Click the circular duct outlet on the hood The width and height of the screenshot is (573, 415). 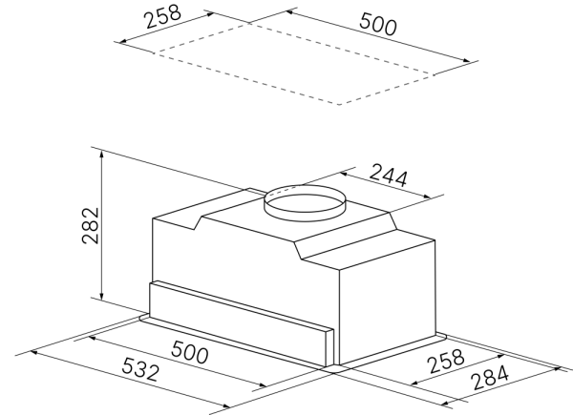click(304, 201)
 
